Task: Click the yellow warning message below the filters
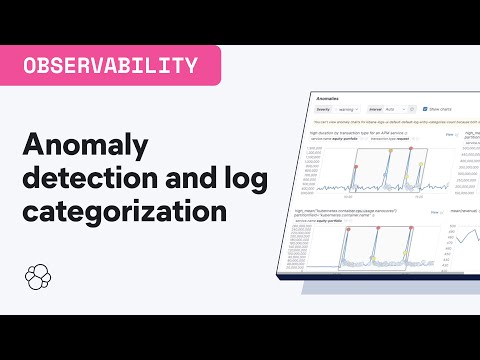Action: [x=400, y=121]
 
